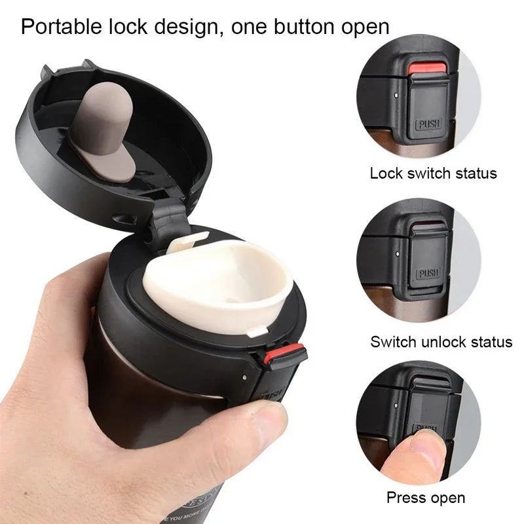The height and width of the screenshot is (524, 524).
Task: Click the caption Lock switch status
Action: (433, 174)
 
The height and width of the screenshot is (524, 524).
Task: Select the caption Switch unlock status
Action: (441, 341)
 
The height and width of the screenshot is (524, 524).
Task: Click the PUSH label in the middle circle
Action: (428, 273)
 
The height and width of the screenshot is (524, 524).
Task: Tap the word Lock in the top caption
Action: (384, 174)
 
